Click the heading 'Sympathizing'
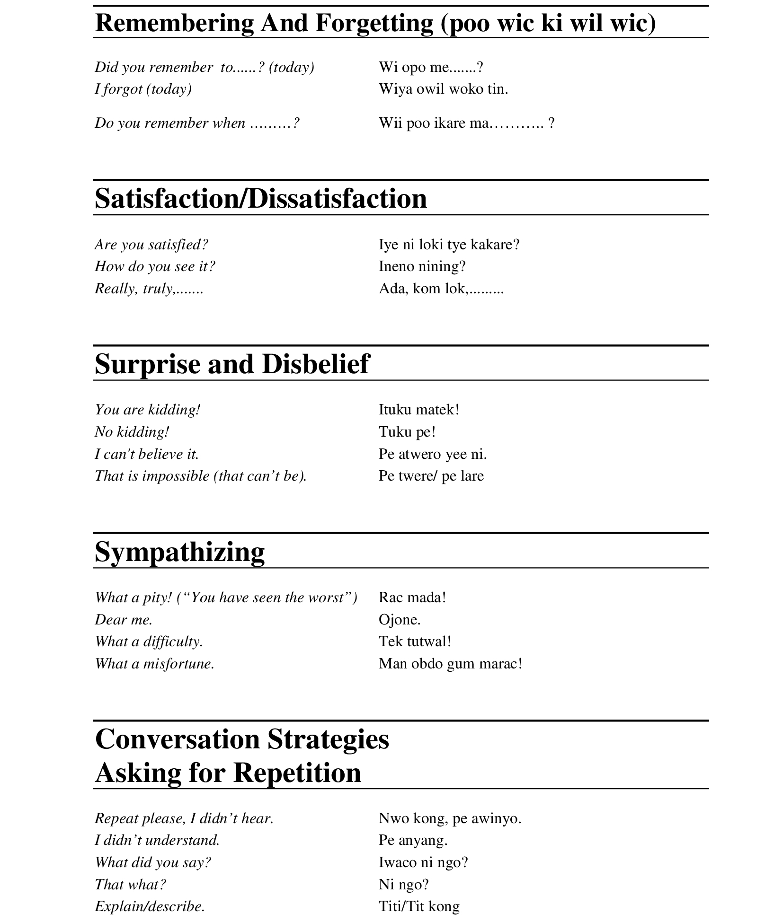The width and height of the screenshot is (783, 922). pos(179,552)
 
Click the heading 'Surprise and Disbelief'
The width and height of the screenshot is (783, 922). pos(231,364)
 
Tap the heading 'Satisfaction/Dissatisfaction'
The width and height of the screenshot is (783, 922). pos(260,199)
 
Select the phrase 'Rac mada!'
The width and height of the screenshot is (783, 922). pos(412,597)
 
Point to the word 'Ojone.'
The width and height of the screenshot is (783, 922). pos(399,620)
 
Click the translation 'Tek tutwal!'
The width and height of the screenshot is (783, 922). pos(415,641)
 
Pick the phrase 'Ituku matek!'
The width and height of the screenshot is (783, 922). pos(418,410)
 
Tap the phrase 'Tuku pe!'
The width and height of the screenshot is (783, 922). pos(407,432)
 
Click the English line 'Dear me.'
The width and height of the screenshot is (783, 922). pos(123,620)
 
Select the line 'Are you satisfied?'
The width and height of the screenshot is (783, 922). pos(151,245)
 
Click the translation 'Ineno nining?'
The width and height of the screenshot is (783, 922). pos(422,266)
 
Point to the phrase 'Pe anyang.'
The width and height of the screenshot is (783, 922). pos(413,840)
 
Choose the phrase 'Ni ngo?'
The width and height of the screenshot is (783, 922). pos(403,884)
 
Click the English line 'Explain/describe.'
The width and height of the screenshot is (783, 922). pos(150,906)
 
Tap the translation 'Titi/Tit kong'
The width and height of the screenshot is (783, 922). pos(418,906)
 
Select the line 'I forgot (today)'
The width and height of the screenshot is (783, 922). pos(143,89)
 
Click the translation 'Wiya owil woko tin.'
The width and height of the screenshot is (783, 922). pos(443,89)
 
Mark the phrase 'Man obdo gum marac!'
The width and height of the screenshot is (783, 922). pos(450,664)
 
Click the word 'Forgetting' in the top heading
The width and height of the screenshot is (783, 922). pos(374,23)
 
